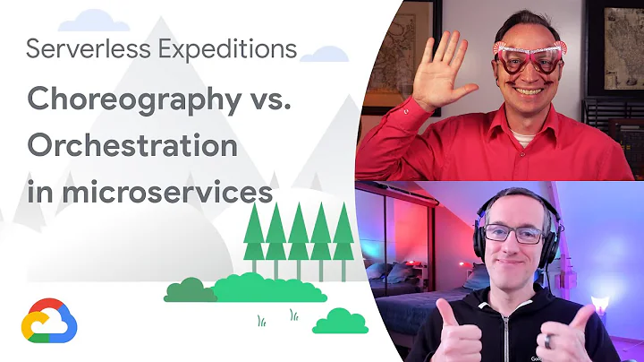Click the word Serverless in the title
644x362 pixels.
coord(76,49)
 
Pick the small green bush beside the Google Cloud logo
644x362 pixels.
coord(340,321)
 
